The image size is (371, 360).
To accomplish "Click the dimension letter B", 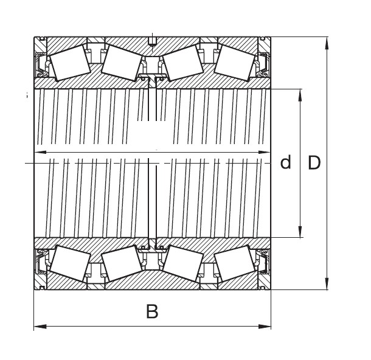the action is click(152, 311).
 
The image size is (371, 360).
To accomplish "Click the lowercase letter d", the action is click(285, 162).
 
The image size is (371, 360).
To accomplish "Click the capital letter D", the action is click(314, 163).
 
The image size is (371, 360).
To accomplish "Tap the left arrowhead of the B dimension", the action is click(40, 327).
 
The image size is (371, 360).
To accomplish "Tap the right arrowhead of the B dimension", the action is click(265, 327).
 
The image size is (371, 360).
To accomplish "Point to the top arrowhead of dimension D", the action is click(327, 43).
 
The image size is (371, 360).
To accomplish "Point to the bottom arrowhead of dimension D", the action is click(327, 283).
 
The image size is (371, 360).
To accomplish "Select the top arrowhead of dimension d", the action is click(300, 95).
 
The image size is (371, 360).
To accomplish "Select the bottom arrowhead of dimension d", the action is click(300, 231).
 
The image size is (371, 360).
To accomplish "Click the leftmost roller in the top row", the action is click(70, 63).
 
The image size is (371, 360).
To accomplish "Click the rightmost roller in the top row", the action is click(235, 63).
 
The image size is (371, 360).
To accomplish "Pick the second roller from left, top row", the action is click(122, 63).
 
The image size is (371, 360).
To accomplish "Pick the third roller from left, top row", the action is click(183, 63).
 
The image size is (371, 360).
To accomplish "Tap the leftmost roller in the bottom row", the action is click(70, 263).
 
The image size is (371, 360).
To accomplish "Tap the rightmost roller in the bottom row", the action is click(235, 263).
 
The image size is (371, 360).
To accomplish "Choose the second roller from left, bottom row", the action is click(122, 263).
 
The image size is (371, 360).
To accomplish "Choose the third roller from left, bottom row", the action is click(183, 263).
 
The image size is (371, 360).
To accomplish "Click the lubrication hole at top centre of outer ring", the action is click(152, 41).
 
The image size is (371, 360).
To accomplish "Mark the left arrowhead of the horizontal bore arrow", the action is click(41, 152).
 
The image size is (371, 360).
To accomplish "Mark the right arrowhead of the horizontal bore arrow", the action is click(264, 152).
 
